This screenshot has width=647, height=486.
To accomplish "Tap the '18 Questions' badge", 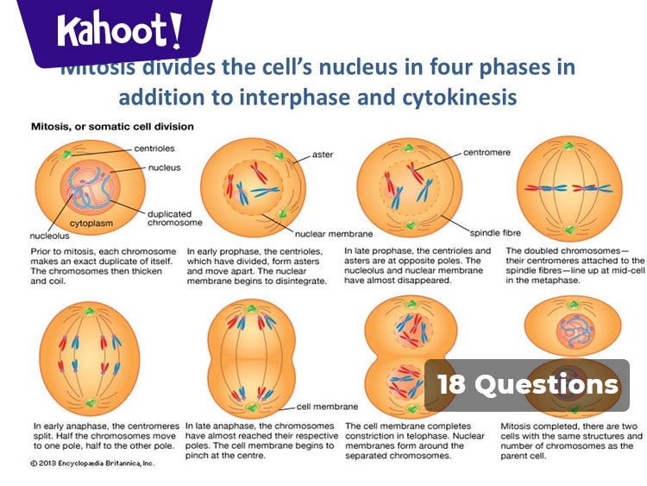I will tap(527, 385).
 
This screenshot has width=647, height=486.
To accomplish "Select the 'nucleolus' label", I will tap(49, 234).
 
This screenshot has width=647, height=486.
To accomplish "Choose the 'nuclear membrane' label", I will tap(333, 233).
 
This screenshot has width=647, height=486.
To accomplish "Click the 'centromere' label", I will tap(487, 152).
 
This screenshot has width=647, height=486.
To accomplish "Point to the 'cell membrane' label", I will tap(327, 406).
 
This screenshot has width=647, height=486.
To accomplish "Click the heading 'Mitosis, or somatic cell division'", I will tap(112, 126).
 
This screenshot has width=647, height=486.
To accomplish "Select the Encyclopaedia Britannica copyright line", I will tap(91, 464).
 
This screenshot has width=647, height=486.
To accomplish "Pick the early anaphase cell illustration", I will tap(89, 355).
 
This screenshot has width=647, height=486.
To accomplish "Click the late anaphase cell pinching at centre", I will tap(248, 355).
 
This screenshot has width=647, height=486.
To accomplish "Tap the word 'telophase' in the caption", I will tap(444, 437).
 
